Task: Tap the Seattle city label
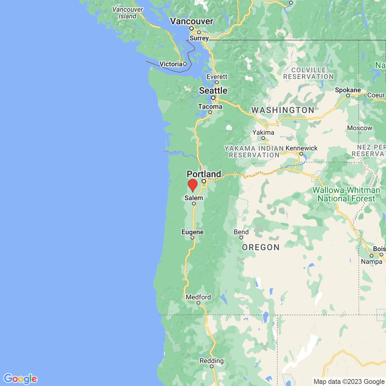213,91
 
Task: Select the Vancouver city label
191,21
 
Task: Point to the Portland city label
204,174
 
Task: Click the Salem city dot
194,204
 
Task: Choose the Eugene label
192,232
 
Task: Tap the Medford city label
198,297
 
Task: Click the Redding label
211,361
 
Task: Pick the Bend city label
241,232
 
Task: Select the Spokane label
348,90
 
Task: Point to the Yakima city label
263,133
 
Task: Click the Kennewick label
301,148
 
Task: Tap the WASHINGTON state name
282,110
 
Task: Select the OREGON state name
261,247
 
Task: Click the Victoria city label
171,64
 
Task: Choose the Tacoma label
210,106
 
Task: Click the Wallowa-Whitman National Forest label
346,194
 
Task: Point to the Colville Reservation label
308,73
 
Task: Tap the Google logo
20,379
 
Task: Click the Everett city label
217,77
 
